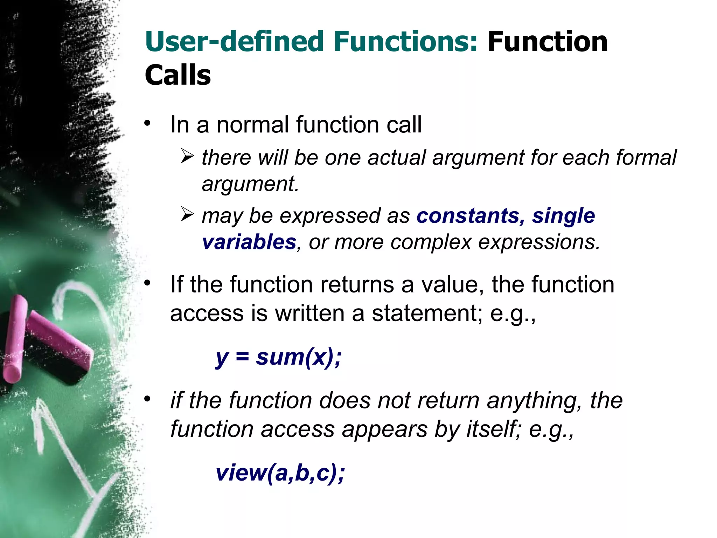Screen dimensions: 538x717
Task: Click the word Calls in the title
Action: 177,75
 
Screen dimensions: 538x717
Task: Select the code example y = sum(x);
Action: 278,358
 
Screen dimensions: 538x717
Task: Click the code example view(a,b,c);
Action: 280,473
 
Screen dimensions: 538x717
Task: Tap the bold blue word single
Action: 563,215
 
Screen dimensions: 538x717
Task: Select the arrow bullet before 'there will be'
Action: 188,156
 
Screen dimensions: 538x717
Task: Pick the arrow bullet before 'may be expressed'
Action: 188,214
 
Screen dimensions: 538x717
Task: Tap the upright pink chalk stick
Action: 15,338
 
